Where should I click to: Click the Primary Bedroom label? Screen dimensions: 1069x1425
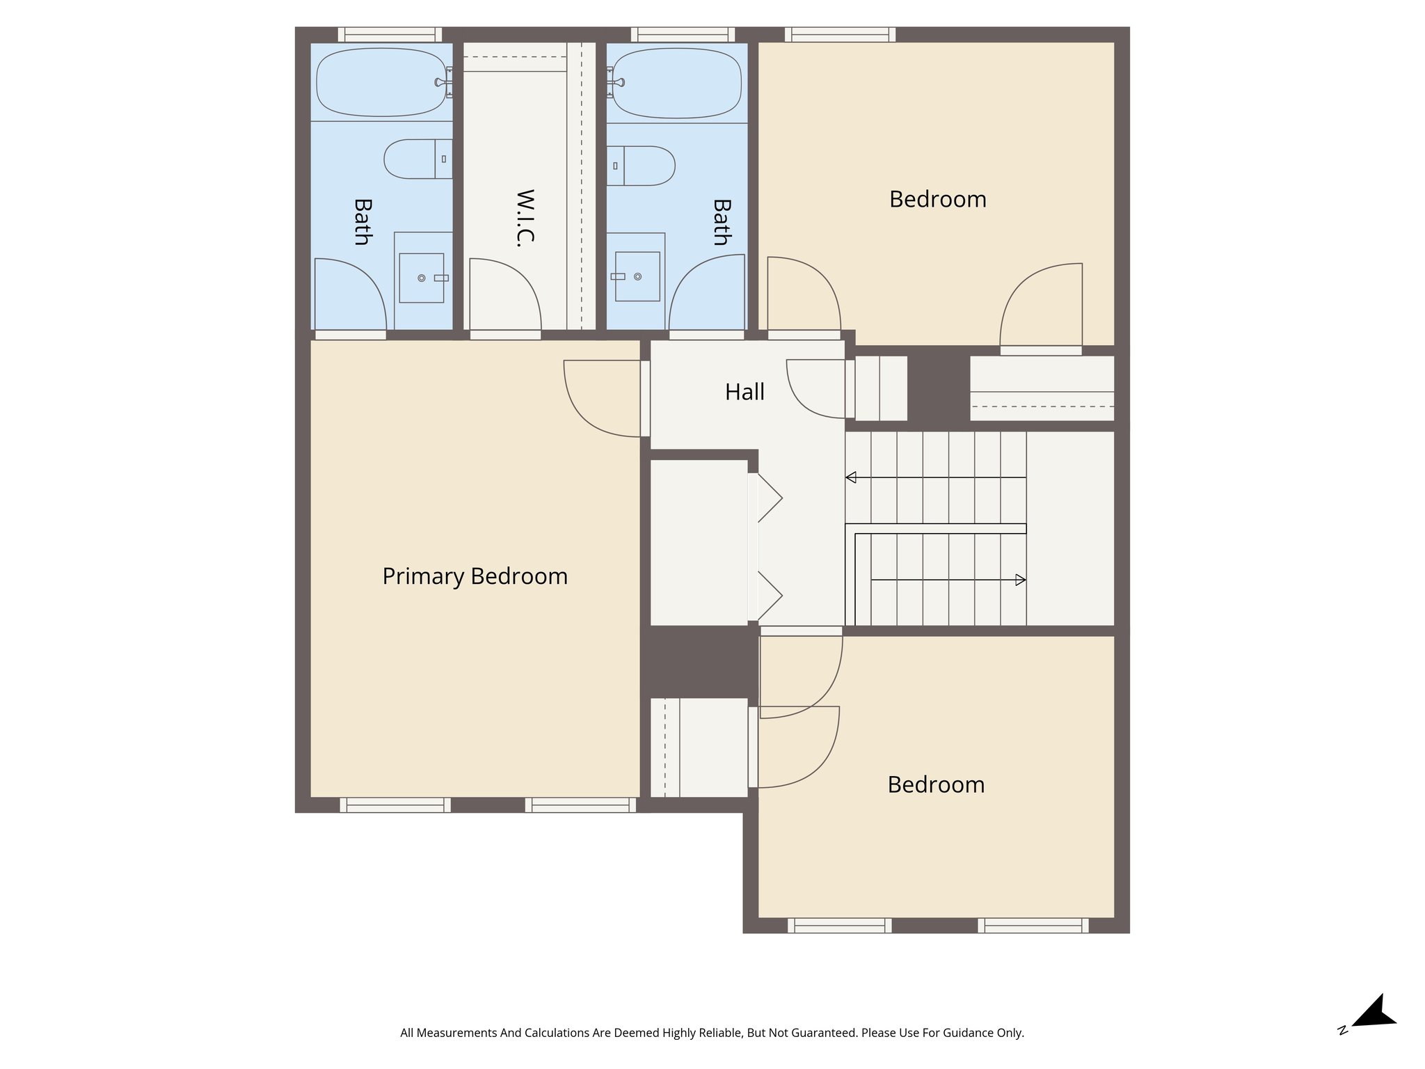click(475, 576)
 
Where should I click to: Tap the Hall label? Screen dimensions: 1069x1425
click(744, 392)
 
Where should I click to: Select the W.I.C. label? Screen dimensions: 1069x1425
click(525, 218)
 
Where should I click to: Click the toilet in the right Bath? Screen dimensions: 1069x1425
click(641, 166)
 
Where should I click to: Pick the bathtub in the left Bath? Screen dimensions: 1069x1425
click(381, 81)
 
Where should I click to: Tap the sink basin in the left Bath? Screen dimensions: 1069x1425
click(422, 278)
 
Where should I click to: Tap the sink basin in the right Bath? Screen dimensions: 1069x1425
click(637, 276)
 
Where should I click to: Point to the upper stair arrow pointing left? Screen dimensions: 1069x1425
click(850, 477)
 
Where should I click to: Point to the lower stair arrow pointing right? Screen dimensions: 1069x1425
click(1020, 580)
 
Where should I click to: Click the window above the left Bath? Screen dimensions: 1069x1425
click(390, 34)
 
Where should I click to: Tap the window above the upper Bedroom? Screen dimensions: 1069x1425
click(840, 34)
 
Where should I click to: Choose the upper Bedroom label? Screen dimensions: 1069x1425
click(937, 200)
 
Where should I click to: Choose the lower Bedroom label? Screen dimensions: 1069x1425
click(936, 785)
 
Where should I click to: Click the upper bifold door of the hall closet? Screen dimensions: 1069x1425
click(770, 498)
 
